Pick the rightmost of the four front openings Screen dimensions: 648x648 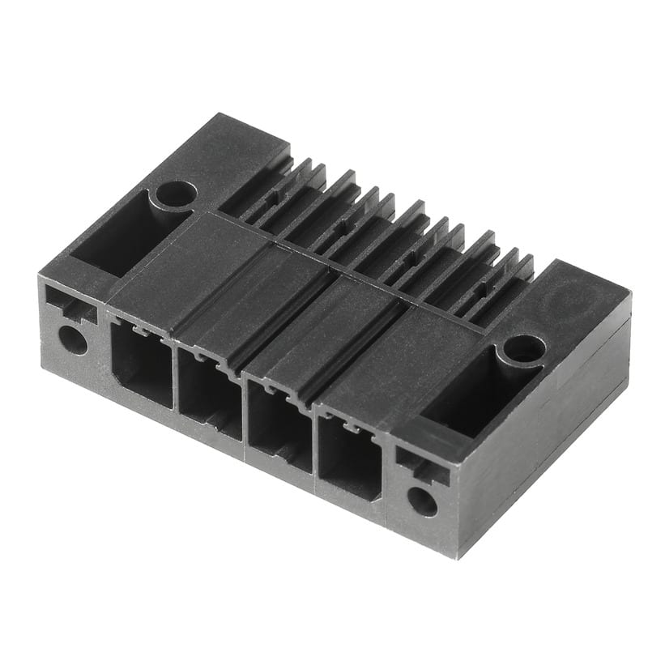click(x=349, y=458)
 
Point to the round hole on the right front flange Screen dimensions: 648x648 click(x=421, y=501)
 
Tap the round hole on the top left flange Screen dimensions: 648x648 click(x=176, y=194)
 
